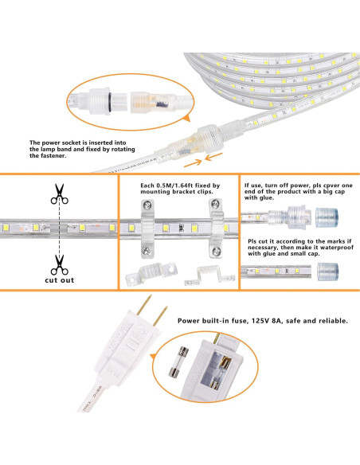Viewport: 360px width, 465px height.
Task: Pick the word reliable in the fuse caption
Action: coord(329,321)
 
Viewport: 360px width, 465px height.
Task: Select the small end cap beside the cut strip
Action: coord(328,271)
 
